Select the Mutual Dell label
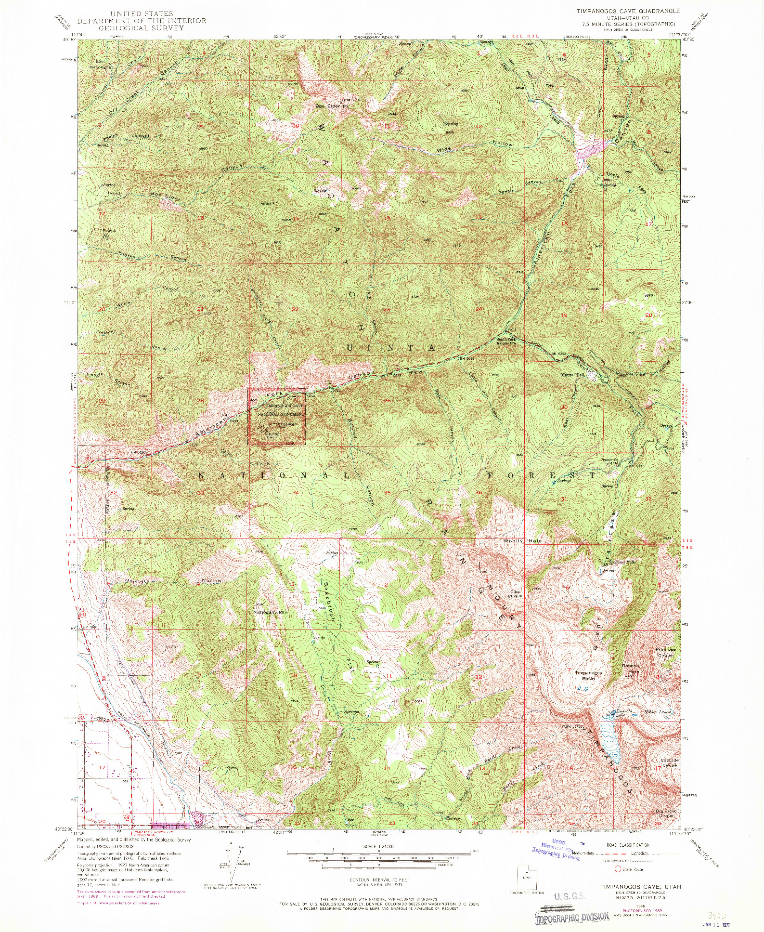572,374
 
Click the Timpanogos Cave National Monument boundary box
277,416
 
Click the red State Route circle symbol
618,869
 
